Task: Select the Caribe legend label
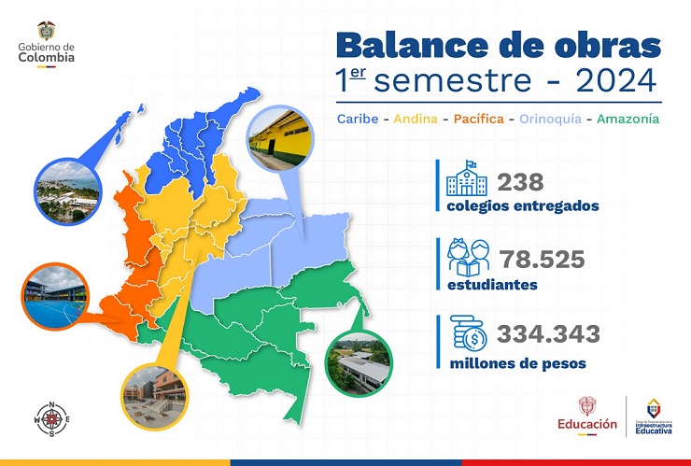click(359, 119)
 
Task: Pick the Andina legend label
click(416, 119)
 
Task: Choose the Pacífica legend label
click(478, 119)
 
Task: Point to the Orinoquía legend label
click(547, 119)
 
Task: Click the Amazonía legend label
click(627, 119)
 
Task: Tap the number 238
click(520, 182)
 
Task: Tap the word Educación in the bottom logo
click(586, 423)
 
